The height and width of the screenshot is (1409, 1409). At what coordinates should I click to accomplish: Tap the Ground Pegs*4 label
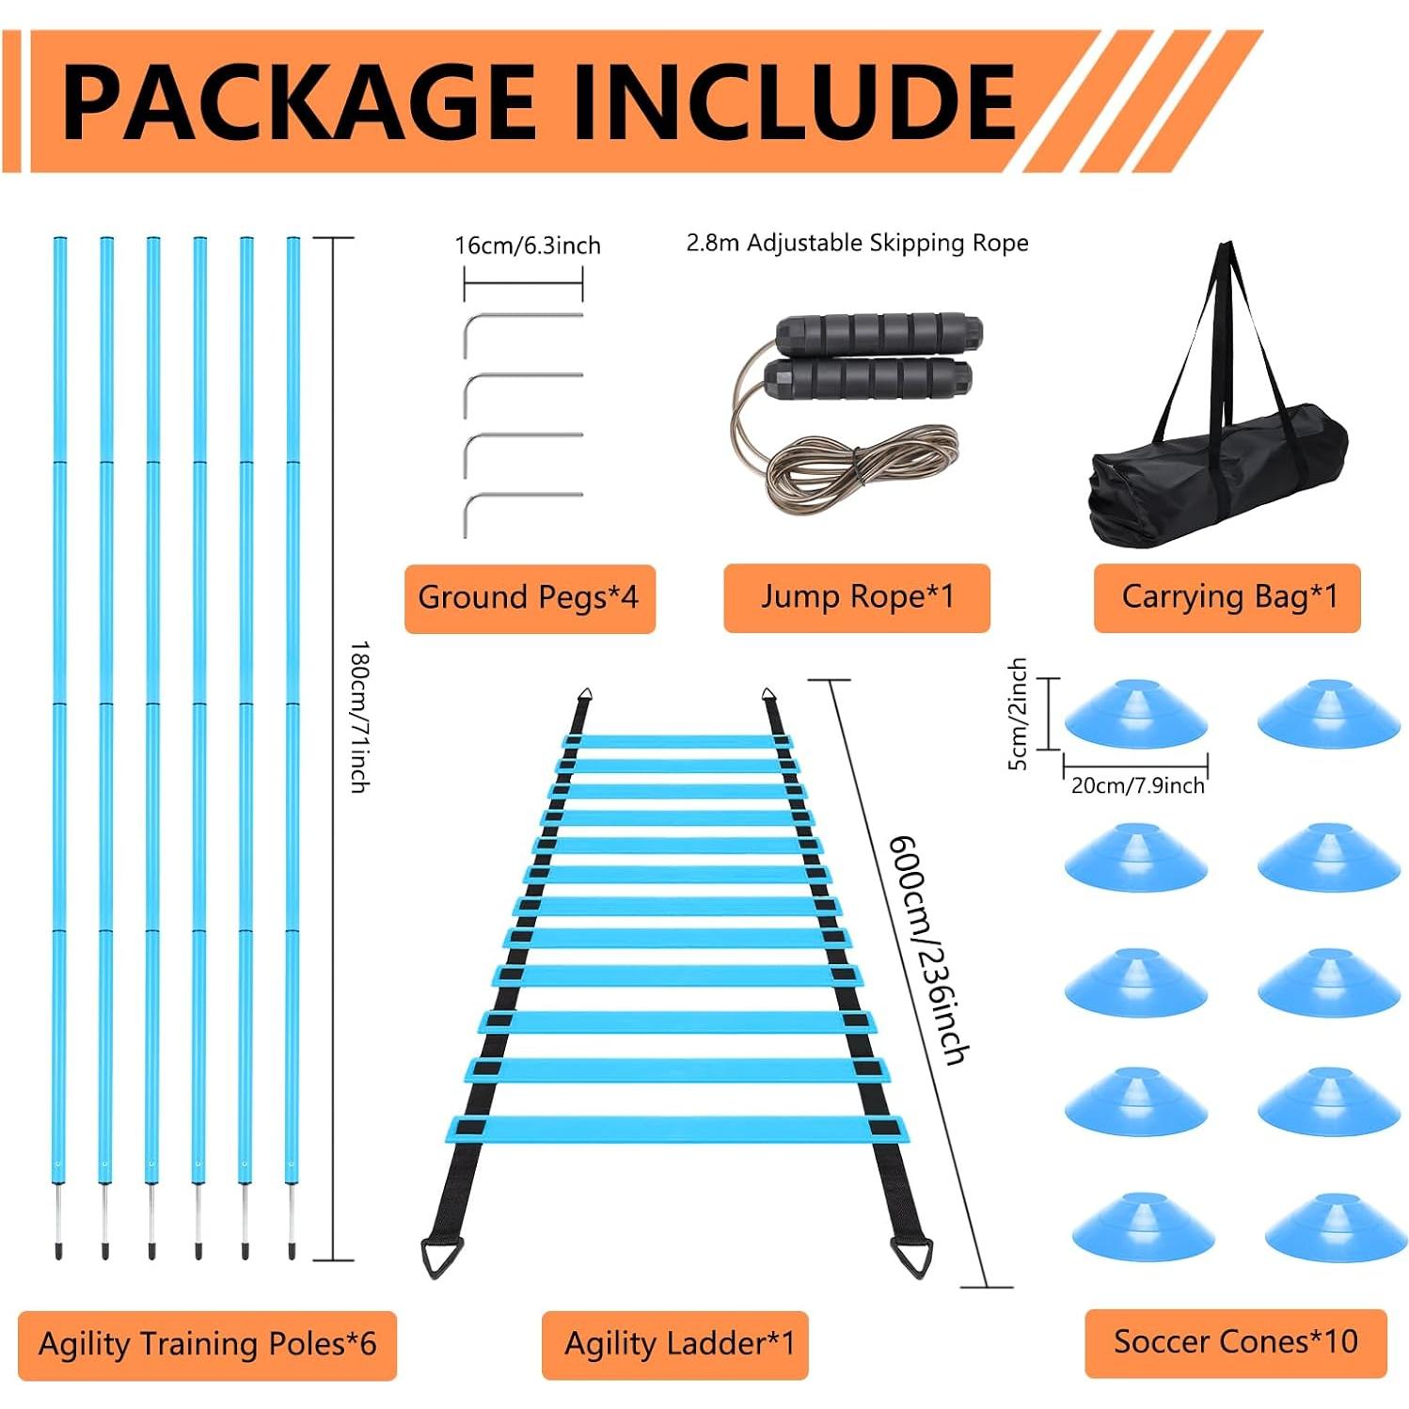529,597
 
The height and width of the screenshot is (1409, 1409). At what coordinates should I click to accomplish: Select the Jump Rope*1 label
857,597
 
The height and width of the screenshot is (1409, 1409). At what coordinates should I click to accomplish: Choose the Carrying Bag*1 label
1227,597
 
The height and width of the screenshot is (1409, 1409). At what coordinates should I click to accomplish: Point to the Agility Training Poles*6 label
207,1344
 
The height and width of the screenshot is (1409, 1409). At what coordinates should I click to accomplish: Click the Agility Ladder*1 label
678,1344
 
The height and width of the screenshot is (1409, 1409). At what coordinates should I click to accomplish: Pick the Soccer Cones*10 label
1236,1342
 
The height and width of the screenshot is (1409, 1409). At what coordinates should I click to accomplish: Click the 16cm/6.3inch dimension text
528,246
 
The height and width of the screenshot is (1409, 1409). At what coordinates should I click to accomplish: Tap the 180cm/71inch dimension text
359,717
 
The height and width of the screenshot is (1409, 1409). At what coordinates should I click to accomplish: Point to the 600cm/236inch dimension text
927,950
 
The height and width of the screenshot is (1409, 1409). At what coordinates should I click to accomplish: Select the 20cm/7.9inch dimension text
1138,785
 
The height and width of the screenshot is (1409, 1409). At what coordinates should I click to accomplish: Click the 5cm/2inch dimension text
1018,714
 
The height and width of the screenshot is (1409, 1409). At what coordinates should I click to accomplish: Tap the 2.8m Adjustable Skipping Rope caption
857,244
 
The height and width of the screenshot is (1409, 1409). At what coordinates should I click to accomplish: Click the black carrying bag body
1218,475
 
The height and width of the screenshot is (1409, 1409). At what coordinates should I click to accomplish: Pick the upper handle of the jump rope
879,332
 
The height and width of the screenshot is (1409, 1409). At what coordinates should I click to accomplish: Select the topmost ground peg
523,334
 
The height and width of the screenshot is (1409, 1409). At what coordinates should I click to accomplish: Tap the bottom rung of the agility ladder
678,1130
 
